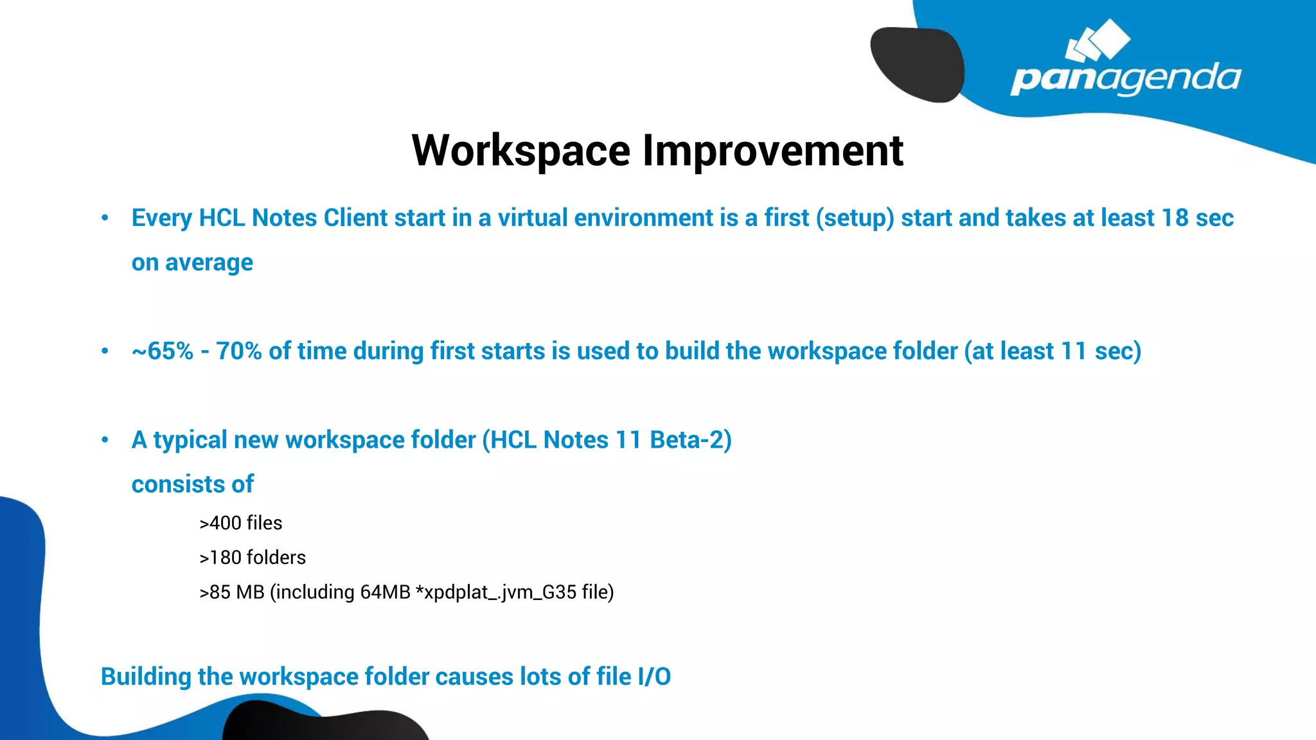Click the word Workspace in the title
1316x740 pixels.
click(x=520, y=152)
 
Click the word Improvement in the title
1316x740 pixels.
click(x=773, y=152)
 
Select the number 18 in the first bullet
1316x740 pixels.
click(x=1175, y=218)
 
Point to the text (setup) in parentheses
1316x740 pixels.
click(x=855, y=218)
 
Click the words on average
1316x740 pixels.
click(x=192, y=263)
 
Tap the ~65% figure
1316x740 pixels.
click(x=162, y=351)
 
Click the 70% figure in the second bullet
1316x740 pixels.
click(x=238, y=351)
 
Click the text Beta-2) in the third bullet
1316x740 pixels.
click(x=691, y=440)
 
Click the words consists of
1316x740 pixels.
click(x=192, y=484)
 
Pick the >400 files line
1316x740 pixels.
click(x=241, y=524)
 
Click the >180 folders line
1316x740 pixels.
click(x=253, y=558)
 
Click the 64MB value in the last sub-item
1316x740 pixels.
click(x=385, y=592)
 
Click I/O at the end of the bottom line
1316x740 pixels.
click(x=654, y=677)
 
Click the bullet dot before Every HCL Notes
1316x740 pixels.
click(x=105, y=218)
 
